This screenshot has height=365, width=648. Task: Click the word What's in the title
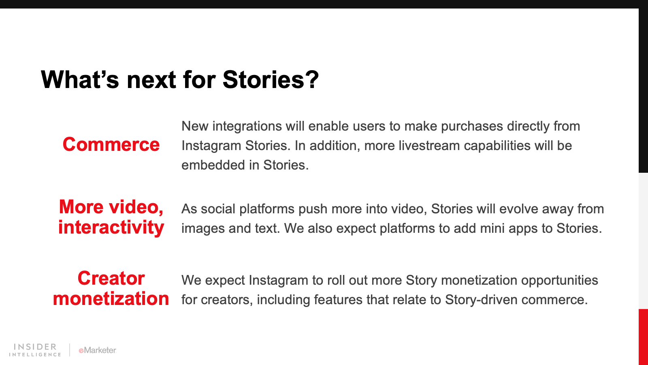[x=80, y=79]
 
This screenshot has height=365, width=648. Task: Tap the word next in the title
[x=151, y=81]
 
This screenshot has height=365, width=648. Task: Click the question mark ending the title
[x=312, y=79]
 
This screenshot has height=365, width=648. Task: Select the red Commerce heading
[x=111, y=144]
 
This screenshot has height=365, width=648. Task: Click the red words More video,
[x=111, y=207]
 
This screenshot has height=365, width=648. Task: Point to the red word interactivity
[x=111, y=227]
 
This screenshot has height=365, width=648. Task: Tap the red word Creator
[x=111, y=278]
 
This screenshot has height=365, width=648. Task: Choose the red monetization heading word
[x=111, y=298]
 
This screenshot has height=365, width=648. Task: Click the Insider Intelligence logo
[x=35, y=350]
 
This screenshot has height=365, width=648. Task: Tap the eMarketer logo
[x=98, y=350]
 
